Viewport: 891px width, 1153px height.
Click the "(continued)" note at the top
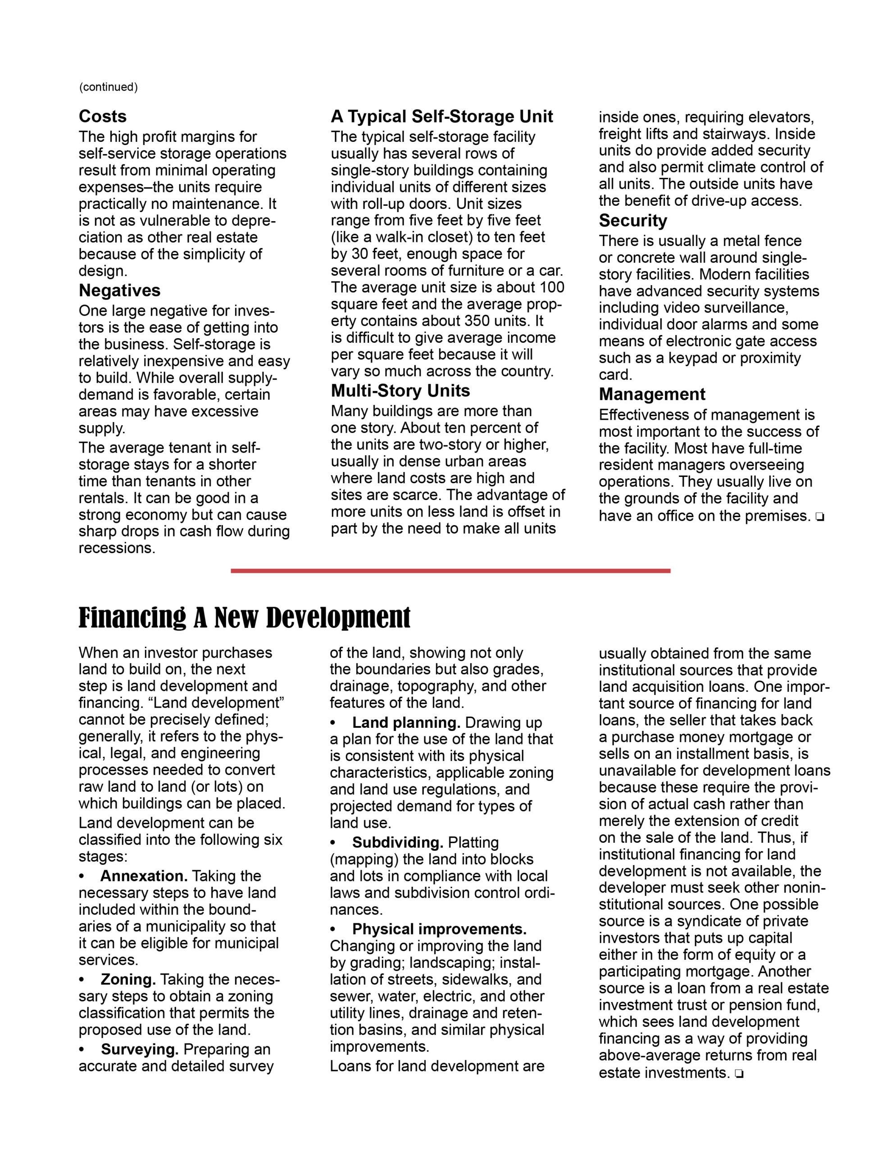click(108, 87)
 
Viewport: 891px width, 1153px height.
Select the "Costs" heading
click(102, 116)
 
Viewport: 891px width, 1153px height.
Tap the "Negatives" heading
click(119, 291)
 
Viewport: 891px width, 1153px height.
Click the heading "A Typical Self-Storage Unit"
click(441, 116)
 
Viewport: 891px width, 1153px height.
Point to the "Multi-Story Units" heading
click(400, 390)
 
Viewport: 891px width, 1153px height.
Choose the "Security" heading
click(633, 221)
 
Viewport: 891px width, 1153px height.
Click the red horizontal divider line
click(450, 571)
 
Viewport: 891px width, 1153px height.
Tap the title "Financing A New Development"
click(244, 617)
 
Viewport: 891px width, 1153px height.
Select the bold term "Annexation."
click(144, 876)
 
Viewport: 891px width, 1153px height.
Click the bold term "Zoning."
click(128, 979)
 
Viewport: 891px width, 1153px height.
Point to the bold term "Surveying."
click(140, 1049)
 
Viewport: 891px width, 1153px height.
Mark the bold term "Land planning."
click(406, 722)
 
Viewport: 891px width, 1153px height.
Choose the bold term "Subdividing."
click(398, 842)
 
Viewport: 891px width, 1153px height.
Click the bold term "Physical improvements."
click(440, 929)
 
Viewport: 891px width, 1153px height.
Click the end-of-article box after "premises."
click(819, 517)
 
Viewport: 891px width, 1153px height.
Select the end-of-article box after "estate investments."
click(738, 1073)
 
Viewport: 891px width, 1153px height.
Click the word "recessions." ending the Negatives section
click(117, 548)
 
